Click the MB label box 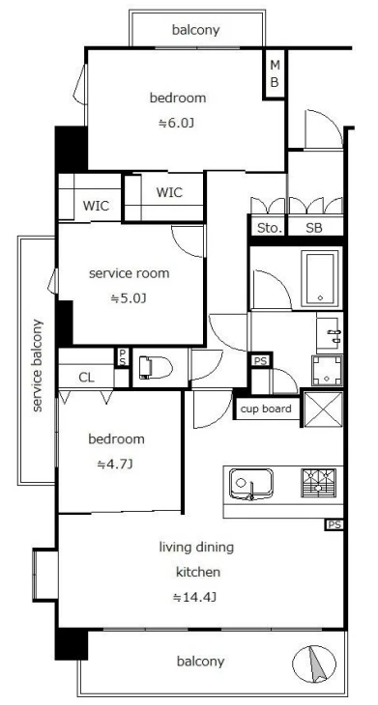click(275, 73)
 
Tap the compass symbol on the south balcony click(314, 663)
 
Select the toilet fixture click(156, 368)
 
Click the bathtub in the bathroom click(321, 278)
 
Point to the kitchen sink click(251, 484)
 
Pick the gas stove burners click(318, 483)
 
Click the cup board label click(266, 409)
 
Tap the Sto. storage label click(270, 228)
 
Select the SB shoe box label click(314, 228)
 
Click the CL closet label click(86, 378)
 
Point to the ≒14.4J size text click(195, 597)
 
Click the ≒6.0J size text click(176, 123)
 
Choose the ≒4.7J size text click(115, 465)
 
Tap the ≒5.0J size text click(129, 298)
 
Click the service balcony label click(38, 365)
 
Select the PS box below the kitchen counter click(334, 524)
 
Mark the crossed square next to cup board click(324, 409)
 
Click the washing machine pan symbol click(327, 371)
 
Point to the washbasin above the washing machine click(330, 334)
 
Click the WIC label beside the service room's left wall click(96, 206)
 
